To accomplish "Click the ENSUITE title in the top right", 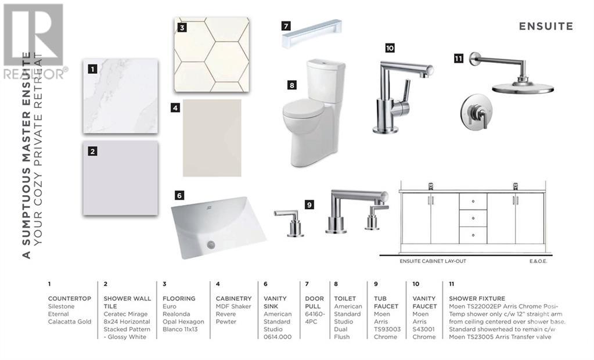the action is [546, 26].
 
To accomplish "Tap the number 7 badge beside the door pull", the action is [286, 26].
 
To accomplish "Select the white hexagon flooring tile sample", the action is [212, 54].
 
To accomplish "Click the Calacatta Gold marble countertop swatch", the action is [120, 96].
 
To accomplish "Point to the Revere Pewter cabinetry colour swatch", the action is [212, 138].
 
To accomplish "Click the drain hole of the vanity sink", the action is [211, 244].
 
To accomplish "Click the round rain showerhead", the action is [523, 88].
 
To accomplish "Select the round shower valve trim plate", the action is [476, 113].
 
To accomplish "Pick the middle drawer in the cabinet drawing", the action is [473, 218].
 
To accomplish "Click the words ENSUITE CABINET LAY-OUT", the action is [433, 261].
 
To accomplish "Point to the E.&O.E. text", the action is [538, 261].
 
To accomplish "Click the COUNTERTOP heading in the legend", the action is [70, 298].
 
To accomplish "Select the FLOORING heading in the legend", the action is [179, 298].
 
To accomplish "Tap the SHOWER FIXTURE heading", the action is [477, 298].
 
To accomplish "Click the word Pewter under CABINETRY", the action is [226, 322].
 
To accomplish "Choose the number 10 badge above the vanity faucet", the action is [390, 48].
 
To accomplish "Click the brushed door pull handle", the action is [312, 33].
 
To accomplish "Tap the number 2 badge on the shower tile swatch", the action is [92, 151].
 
